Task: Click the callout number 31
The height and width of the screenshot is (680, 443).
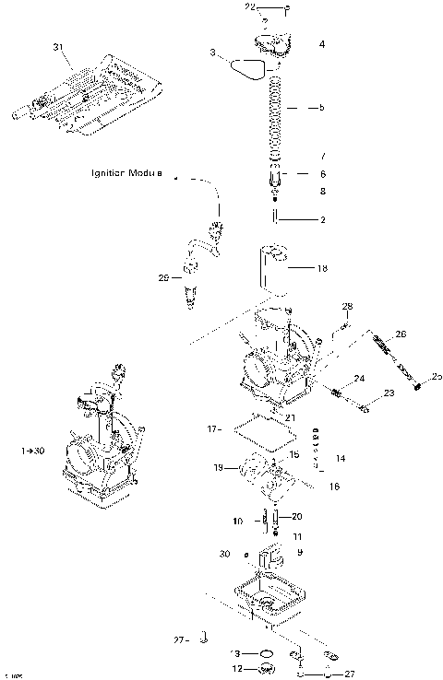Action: [59, 46]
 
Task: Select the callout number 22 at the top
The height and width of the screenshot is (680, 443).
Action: [249, 7]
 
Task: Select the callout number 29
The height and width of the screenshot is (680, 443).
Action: [163, 276]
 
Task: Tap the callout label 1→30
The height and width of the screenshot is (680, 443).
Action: [31, 451]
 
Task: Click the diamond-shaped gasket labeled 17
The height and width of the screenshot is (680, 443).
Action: [257, 429]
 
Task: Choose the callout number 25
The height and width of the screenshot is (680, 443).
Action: [437, 376]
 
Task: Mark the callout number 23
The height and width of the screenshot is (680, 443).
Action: [389, 393]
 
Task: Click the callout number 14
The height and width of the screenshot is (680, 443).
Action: [341, 458]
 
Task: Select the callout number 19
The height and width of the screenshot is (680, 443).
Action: [218, 468]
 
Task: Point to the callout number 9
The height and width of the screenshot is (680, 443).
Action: [300, 552]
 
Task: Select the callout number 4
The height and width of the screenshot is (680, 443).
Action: [321, 43]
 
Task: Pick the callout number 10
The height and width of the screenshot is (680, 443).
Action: [238, 522]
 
